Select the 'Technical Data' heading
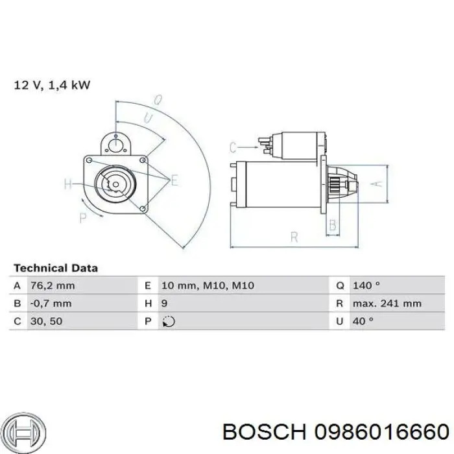pyautogui.click(x=56, y=267)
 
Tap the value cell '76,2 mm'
pyautogui.click(x=52, y=285)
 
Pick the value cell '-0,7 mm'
pyautogui.click(x=51, y=303)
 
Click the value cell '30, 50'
pyautogui.click(x=45, y=320)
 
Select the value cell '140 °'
pyautogui.click(x=366, y=285)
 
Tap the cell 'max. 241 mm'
pyautogui.click(x=387, y=303)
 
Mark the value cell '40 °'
pyautogui.click(x=363, y=320)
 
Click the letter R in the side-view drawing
pyautogui.click(x=293, y=237)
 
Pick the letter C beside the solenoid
pyautogui.click(x=233, y=147)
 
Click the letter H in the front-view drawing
pyautogui.click(x=69, y=184)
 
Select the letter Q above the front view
pyautogui.click(x=157, y=101)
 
